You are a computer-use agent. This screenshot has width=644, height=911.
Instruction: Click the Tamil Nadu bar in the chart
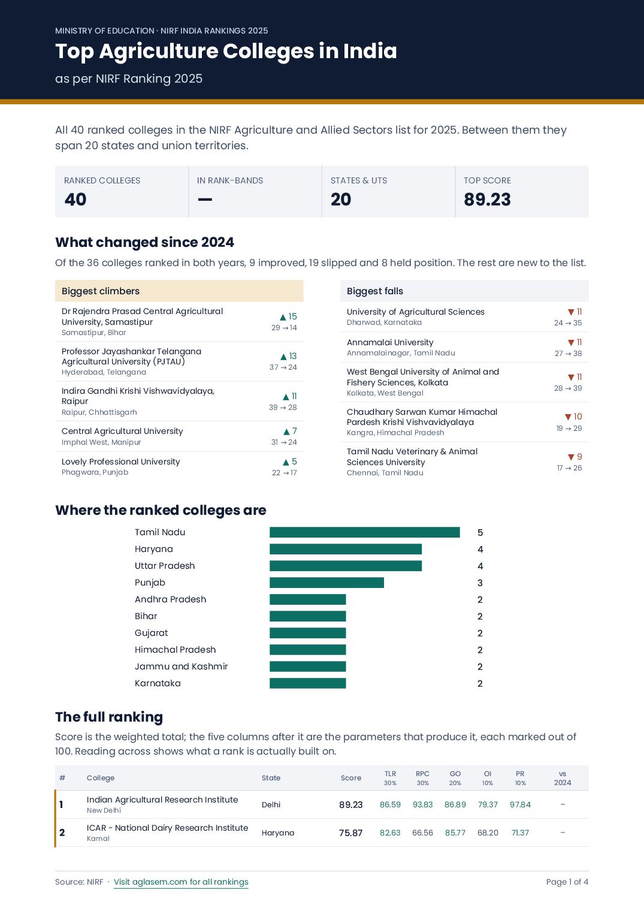(365, 532)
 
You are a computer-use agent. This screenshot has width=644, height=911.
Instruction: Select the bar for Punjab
(326, 583)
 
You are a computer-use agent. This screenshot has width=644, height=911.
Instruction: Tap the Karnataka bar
(308, 683)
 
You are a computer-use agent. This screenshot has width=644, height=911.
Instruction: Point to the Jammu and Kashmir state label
(181, 666)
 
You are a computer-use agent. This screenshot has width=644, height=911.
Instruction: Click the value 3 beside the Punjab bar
(480, 583)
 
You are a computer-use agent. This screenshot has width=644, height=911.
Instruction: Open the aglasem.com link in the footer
(181, 882)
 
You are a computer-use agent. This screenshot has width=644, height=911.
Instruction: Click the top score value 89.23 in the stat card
(487, 199)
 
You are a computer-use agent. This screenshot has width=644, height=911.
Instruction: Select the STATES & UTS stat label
(359, 180)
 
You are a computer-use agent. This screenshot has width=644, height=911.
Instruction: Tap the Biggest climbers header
(101, 291)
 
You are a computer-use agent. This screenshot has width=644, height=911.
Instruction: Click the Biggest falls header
(375, 291)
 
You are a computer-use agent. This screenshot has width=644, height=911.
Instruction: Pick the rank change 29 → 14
(284, 327)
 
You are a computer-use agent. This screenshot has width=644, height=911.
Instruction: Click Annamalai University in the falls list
(390, 342)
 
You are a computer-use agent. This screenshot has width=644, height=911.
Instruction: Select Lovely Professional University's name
(121, 461)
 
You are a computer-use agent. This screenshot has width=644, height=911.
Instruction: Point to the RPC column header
(422, 774)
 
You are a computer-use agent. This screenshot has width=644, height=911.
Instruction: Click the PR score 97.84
(521, 804)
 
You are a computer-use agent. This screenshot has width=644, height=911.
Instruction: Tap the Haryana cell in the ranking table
(278, 832)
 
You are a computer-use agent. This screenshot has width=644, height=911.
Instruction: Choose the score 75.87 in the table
(351, 832)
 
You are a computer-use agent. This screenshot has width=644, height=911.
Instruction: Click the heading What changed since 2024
(145, 242)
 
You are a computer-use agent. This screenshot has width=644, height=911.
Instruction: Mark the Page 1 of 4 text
(567, 882)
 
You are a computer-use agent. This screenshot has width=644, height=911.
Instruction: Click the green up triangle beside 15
(283, 317)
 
